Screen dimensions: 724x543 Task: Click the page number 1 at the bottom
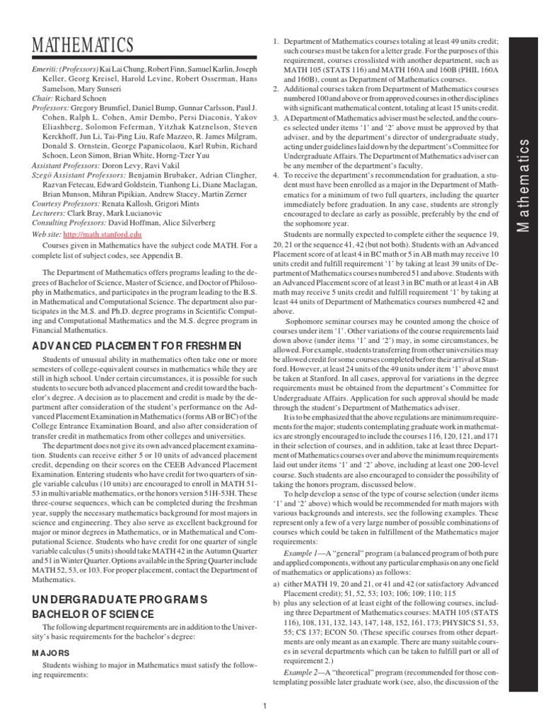pos(263,705)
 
